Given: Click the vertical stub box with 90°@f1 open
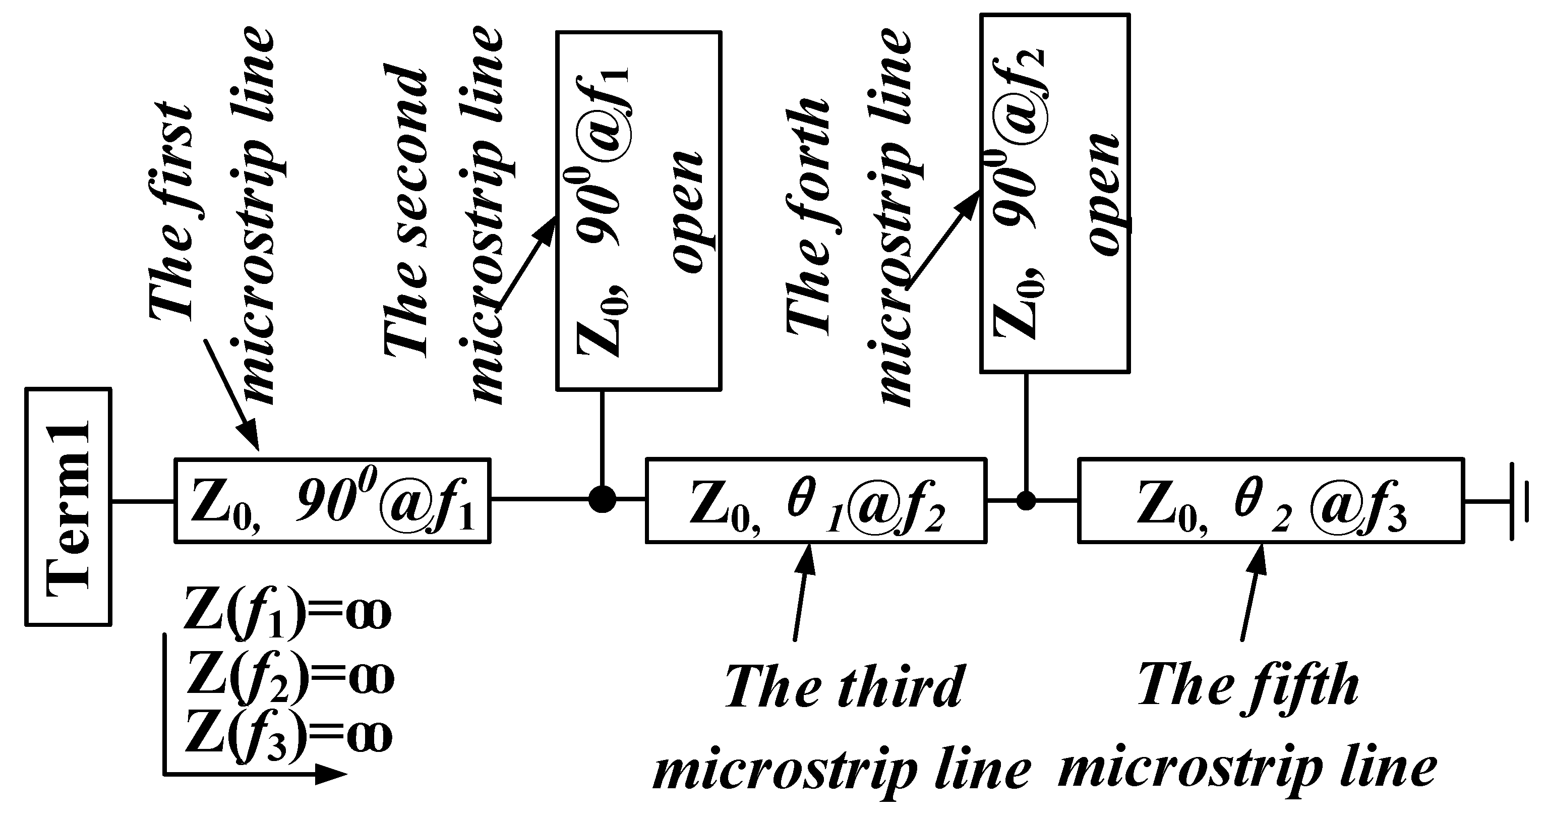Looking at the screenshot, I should (x=638, y=211).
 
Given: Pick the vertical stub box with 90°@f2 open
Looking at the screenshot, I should (x=1054, y=193).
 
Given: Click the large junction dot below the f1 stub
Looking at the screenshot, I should (x=602, y=499).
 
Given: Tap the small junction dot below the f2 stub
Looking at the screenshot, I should (x=1026, y=500).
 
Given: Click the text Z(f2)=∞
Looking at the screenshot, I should (x=289, y=677).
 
